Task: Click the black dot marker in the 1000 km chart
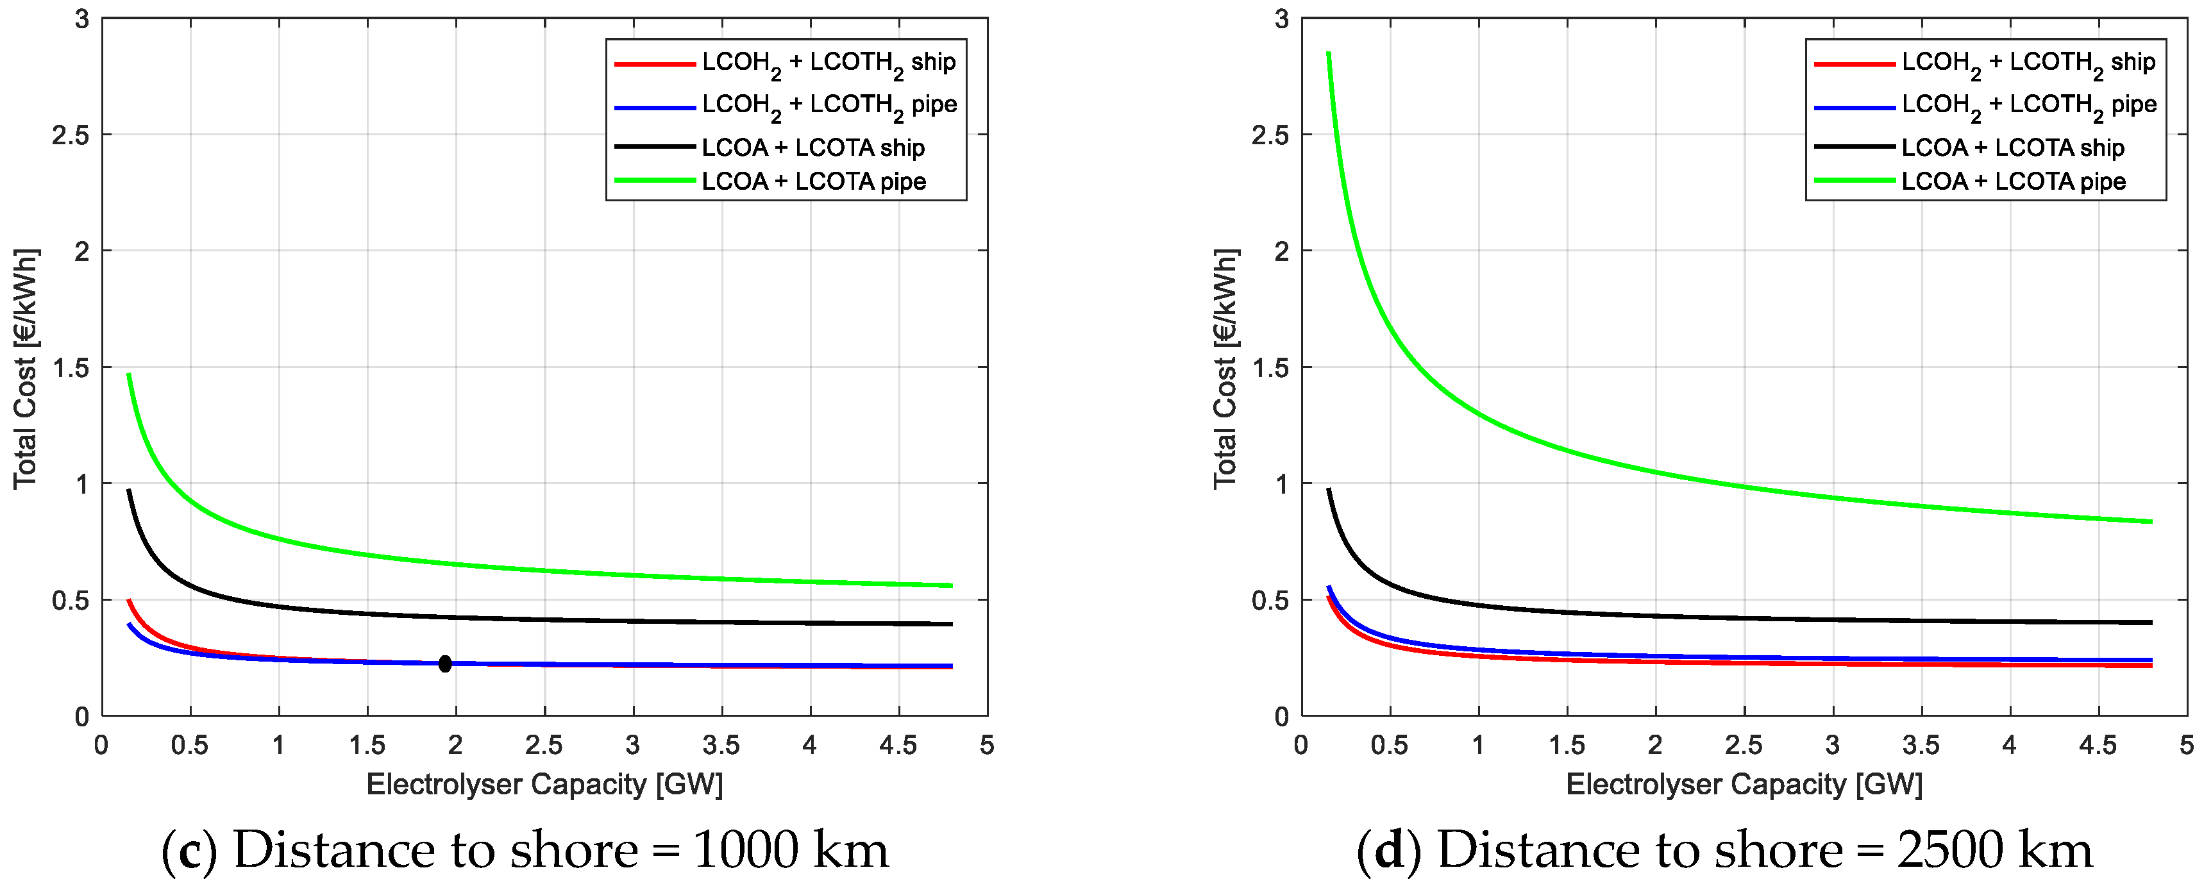tap(445, 664)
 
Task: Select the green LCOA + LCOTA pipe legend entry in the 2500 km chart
tap(2013, 181)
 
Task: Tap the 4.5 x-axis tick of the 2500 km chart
tap(2097, 745)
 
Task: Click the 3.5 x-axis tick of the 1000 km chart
tap(721, 745)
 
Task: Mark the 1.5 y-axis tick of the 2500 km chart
tap(1270, 368)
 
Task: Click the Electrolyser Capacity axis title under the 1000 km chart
tap(544, 784)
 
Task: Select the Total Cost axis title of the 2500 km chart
tap(1225, 368)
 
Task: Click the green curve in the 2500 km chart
tap(1656, 472)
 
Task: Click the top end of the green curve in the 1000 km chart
tap(128, 374)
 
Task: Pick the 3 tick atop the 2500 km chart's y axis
tap(1281, 19)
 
